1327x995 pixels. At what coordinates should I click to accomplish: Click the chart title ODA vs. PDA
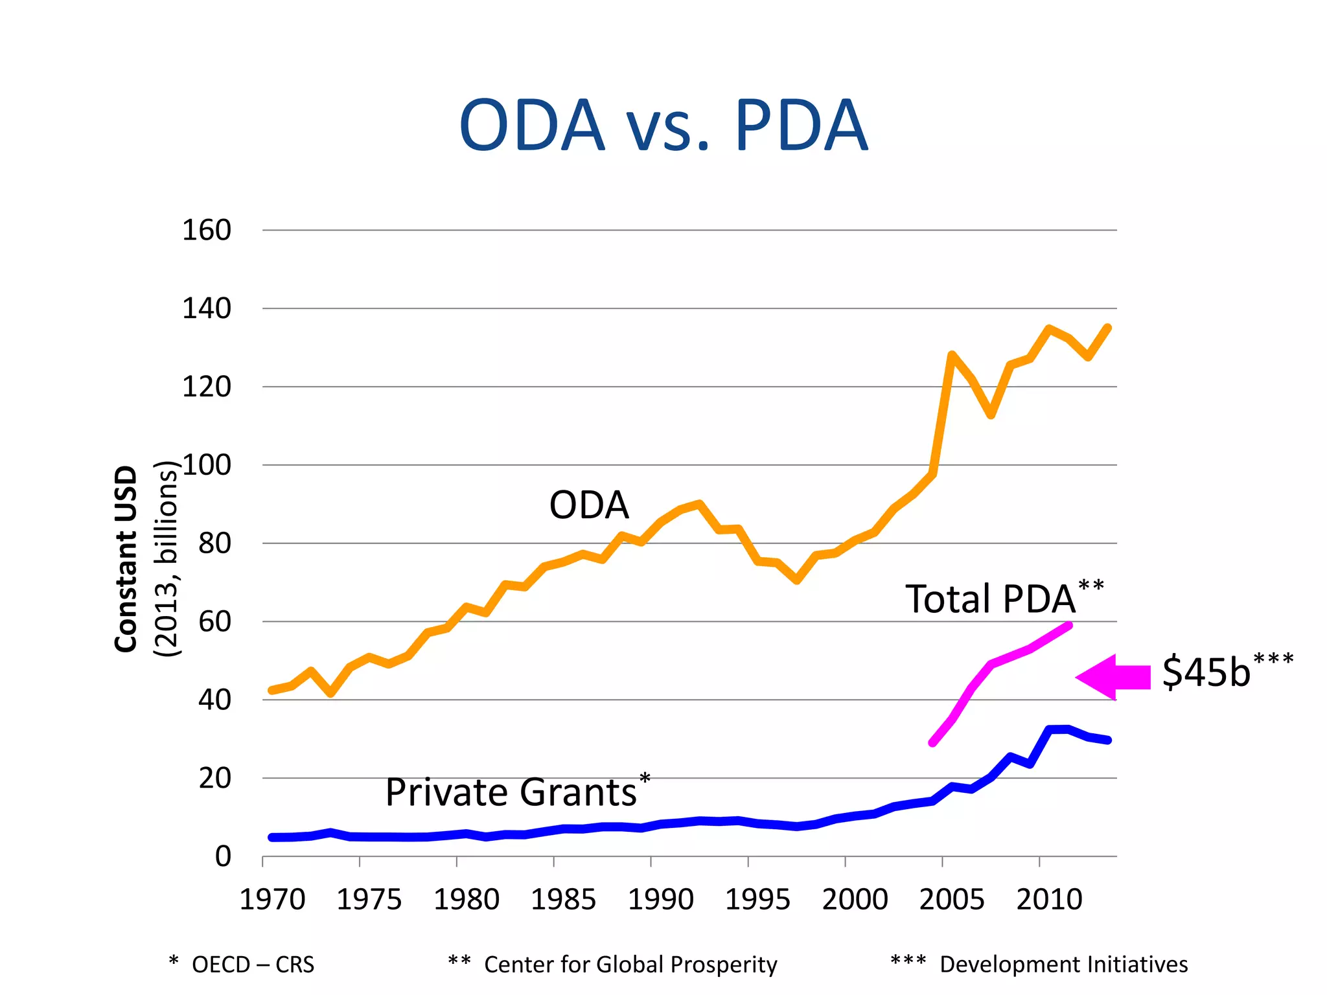(663, 126)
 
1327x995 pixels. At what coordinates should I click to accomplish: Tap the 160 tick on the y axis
(206, 231)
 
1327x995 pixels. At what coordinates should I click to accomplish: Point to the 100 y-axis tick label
(206, 465)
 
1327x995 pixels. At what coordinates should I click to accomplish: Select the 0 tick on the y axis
(223, 856)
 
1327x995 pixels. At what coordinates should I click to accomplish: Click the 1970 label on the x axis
(272, 900)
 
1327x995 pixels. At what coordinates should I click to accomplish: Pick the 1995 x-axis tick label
(757, 900)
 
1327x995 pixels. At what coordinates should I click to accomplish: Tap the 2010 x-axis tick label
(1049, 900)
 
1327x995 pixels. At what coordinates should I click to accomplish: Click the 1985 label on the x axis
(563, 900)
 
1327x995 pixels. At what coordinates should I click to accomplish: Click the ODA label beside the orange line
(588, 505)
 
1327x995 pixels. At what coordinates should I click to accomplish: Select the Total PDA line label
(990, 599)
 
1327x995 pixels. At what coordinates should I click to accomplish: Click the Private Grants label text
(511, 793)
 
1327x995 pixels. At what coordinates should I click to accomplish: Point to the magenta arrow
(1113, 677)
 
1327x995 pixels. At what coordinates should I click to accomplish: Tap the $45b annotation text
(1206, 672)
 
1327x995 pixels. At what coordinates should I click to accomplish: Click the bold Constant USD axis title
(126, 558)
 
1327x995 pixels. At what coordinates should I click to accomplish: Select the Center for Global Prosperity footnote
(630, 965)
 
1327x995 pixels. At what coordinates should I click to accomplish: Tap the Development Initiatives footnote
(1063, 965)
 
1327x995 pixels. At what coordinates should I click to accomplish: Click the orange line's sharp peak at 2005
(951, 355)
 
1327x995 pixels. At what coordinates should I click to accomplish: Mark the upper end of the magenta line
(1068, 626)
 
